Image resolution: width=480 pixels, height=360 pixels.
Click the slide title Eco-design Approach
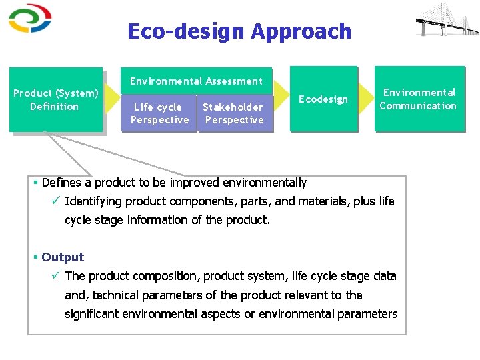click(239, 31)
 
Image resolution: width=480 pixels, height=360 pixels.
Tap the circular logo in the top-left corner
click(29, 18)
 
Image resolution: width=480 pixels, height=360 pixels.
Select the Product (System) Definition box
click(56, 99)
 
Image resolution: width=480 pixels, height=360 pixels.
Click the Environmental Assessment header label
click(196, 81)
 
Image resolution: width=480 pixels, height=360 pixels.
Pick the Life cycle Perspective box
click(159, 113)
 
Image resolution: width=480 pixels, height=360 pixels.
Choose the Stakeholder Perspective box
click(233, 113)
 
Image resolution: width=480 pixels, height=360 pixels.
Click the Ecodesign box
click(323, 99)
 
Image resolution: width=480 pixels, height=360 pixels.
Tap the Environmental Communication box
click(418, 99)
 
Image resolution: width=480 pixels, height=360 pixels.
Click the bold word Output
click(63, 257)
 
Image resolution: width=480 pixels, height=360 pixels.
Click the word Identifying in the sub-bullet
click(93, 201)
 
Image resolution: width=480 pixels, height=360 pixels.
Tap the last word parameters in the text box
click(367, 313)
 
